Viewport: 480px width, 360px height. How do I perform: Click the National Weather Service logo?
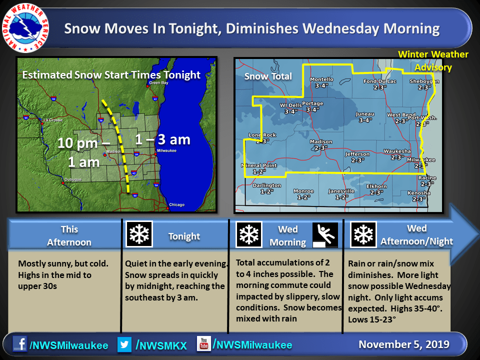25,28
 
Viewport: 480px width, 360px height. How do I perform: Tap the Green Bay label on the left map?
158,82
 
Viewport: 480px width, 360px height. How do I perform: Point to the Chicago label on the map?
177,204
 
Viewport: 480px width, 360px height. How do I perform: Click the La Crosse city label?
53,120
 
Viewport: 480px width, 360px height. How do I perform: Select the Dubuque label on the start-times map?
73,179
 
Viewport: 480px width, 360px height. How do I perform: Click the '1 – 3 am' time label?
163,139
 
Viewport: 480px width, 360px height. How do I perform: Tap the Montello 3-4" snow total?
321,82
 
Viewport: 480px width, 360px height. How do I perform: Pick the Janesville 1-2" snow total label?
341,194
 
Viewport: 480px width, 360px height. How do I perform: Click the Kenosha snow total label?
419,196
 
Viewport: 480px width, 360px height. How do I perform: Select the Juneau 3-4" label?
365,117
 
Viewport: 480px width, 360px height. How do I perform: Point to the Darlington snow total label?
266,188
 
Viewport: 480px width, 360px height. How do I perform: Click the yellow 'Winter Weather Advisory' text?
433,60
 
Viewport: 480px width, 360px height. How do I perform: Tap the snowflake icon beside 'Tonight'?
139,234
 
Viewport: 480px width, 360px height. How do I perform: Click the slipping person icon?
325,235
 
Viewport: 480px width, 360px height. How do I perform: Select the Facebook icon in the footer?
20,344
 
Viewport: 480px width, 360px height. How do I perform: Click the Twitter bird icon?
124,344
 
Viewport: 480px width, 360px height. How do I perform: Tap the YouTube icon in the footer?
203,344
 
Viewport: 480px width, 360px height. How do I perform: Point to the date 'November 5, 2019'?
404,344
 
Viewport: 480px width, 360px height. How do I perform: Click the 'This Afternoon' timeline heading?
69,235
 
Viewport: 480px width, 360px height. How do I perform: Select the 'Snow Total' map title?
268,76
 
